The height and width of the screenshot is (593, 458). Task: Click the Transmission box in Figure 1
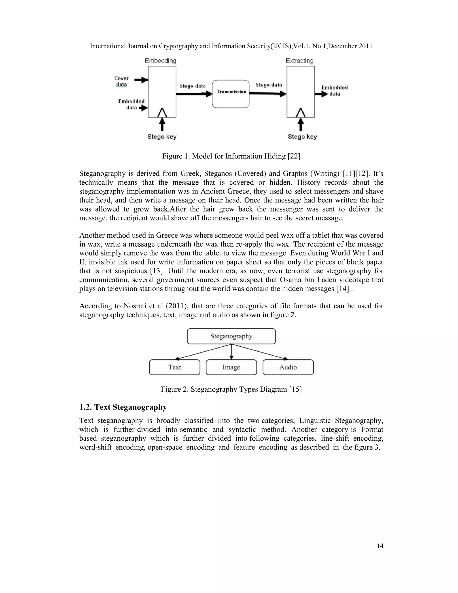coord(231,94)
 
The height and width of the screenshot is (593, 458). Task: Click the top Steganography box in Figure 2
coord(231,336)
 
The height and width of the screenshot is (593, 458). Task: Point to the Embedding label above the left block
coord(160,61)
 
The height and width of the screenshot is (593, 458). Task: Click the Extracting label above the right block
coord(299,61)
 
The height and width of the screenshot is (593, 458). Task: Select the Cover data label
coord(121,81)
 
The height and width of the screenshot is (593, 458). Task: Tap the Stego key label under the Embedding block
coord(162,137)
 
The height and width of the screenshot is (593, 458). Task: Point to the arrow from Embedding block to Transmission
coord(194,94)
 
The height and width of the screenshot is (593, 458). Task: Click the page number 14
coord(380,546)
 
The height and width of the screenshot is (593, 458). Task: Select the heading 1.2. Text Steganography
coord(123,407)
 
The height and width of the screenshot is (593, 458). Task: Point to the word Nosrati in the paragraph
coord(135,306)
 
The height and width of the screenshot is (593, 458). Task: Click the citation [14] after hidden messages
coord(342,288)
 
